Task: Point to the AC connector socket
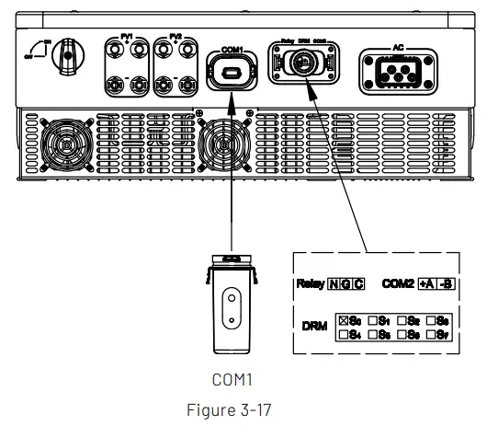click(398, 67)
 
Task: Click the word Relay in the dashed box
click(311, 284)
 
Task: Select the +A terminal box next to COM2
click(427, 284)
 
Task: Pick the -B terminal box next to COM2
click(446, 284)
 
